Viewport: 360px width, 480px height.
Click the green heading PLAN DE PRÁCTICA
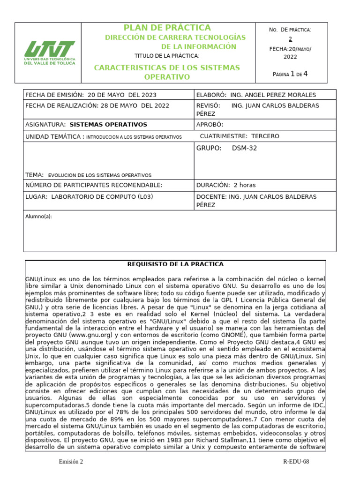point(167,28)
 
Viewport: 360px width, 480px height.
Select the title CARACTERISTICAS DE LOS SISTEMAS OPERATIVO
point(167,72)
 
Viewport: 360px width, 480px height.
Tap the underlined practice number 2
point(290,39)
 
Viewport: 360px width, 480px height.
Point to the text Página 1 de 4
point(290,74)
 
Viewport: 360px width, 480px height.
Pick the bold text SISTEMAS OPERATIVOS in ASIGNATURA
point(108,125)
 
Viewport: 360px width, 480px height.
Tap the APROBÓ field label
point(210,125)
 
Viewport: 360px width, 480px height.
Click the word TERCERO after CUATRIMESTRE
point(265,136)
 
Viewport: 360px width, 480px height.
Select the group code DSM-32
point(244,149)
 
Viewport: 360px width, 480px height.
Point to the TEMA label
point(34,175)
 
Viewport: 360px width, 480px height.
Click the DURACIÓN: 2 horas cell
point(226,185)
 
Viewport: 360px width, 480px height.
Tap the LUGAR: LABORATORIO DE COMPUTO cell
point(89,196)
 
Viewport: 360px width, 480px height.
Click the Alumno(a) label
point(38,217)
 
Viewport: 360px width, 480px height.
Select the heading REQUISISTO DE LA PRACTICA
point(175,264)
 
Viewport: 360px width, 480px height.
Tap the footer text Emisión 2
point(71,462)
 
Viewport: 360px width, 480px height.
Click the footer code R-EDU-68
point(296,462)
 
